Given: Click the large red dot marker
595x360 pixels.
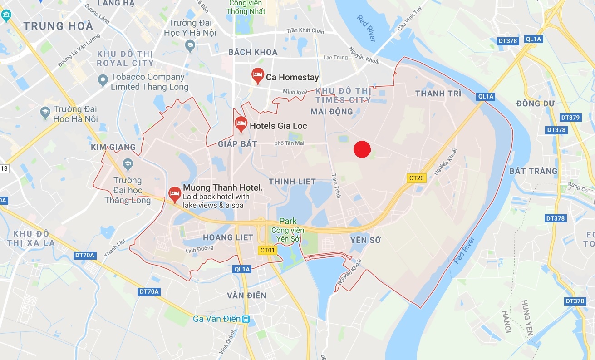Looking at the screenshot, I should coord(362,149).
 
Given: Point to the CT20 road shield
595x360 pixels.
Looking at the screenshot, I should coord(416,178).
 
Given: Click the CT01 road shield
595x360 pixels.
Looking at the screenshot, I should coord(267,250).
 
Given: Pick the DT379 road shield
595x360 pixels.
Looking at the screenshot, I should coord(570,118).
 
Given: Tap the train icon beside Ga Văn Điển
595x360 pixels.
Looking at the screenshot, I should coord(246,319).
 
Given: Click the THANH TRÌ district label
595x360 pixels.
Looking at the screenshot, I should coord(438,94).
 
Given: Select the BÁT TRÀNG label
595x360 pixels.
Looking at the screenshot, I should coord(533,171).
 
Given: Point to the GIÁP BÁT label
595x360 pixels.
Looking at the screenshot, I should coord(237,144).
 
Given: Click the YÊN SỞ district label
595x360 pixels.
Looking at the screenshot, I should coord(365,240).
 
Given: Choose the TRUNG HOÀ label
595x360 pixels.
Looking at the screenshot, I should coord(59,26).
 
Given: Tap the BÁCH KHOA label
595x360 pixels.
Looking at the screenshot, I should coord(253,52).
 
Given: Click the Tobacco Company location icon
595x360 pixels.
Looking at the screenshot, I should coord(103,81).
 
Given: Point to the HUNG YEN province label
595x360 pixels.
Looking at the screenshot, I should coord(526,318).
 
